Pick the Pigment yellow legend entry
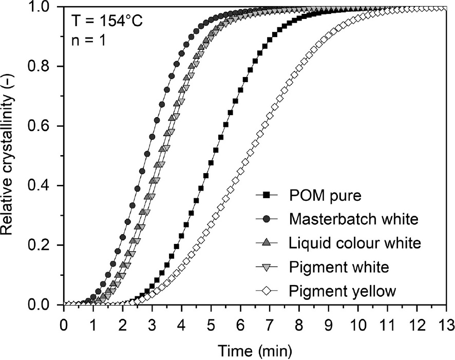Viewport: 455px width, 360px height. [x=343, y=292]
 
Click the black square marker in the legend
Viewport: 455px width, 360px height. [x=266, y=195]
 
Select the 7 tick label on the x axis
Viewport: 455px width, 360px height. [x=270, y=326]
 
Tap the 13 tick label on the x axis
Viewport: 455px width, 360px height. [x=446, y=326]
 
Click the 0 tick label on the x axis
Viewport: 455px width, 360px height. [x=64, y=326]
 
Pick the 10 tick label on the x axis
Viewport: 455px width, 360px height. [x=358, y=326]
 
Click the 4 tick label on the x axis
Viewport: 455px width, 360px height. [x=181, y=326]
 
